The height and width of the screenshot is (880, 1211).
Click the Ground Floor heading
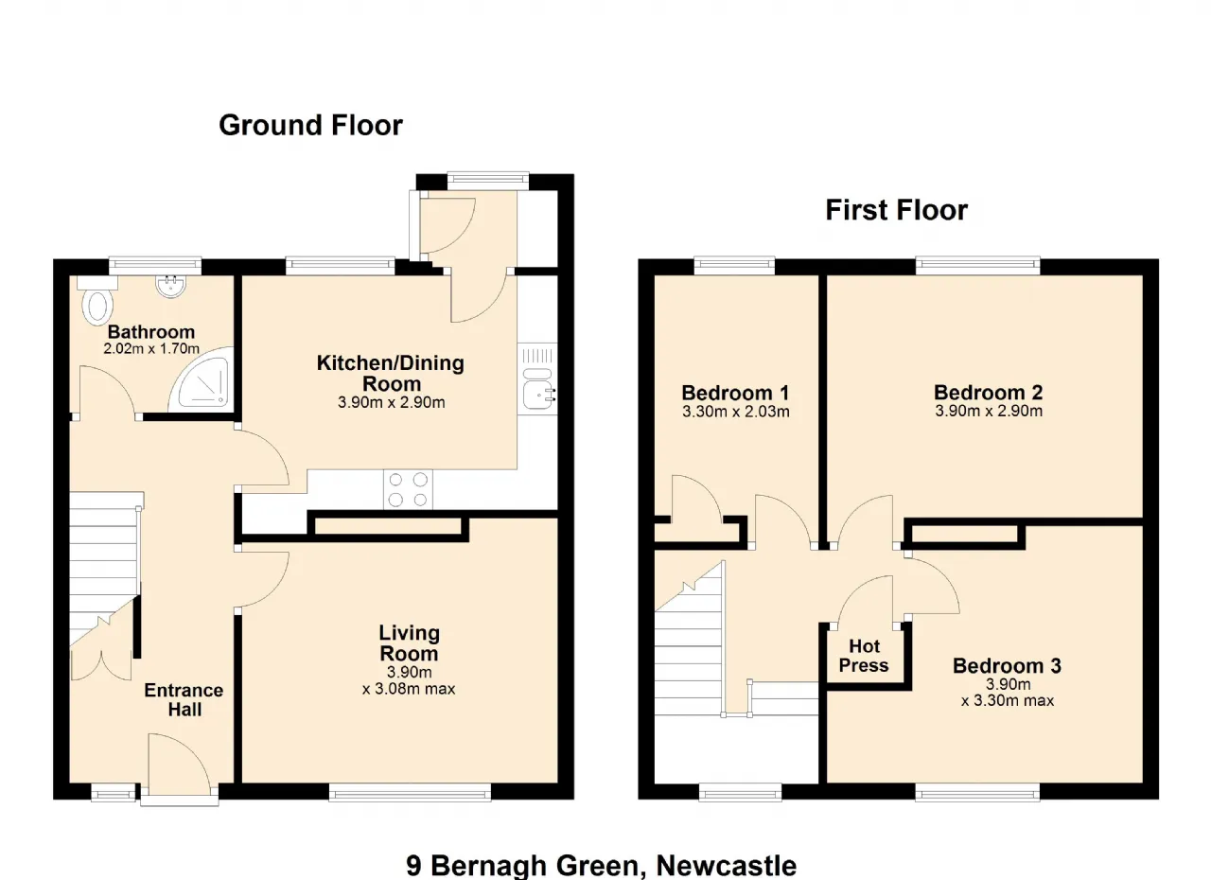coord(310,126)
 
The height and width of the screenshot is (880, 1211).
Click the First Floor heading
coord(896,210)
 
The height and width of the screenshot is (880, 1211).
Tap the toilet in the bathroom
coord(97,301)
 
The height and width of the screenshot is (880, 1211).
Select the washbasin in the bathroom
coord(171,286)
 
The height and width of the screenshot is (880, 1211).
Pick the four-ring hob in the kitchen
coord(408,489)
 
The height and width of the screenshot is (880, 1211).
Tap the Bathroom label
coord(151,332)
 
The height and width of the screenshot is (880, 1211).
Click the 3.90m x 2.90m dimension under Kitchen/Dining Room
coord(392,402)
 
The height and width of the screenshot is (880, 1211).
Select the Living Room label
coord(409,643)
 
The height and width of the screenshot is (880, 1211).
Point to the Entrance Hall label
coord(184,699)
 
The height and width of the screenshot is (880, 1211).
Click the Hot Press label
coord(864,656)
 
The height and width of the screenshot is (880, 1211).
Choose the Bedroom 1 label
coord(735,393)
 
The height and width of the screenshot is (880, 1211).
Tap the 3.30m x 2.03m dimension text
coord(736,412)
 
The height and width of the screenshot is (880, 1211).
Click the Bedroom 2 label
coord(989,392)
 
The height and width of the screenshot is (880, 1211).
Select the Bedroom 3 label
coord(1007,665)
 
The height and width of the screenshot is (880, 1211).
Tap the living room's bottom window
coord(410,792)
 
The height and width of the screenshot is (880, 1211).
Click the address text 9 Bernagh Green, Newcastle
coord(601,866)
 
